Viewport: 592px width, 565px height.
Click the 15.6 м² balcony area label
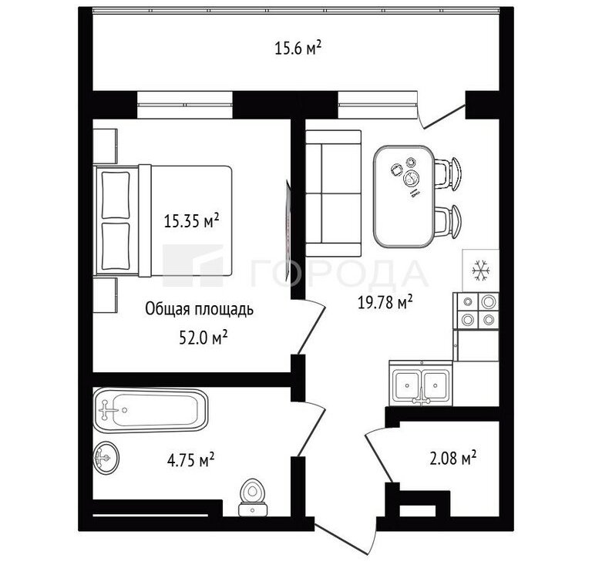(298, 49)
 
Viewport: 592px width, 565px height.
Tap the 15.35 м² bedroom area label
(191, 220)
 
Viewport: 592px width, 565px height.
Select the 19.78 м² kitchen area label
(385, 302)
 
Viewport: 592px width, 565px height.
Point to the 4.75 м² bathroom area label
(190, 460)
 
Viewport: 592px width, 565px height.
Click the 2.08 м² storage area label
(452, 458)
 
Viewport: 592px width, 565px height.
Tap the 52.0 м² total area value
(203, 338)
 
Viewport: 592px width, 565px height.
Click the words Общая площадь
(200, 310)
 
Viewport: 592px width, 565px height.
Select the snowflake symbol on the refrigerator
(481, 270)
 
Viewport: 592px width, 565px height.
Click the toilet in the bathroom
(253, 497)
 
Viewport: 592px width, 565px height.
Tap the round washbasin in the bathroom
(106, 457)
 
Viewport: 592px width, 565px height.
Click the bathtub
(150, 410)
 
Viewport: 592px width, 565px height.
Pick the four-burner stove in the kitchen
(478, 311)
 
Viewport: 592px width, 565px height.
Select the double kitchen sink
(421, 385)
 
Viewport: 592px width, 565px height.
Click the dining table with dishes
(404, 197)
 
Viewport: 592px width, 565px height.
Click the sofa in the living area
(333, 193)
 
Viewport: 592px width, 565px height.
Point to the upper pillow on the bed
(116, 195)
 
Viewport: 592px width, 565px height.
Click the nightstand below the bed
(105, 295)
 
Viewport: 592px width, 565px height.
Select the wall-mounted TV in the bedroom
(288, 231)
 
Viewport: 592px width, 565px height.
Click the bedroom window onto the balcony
(185, 105)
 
